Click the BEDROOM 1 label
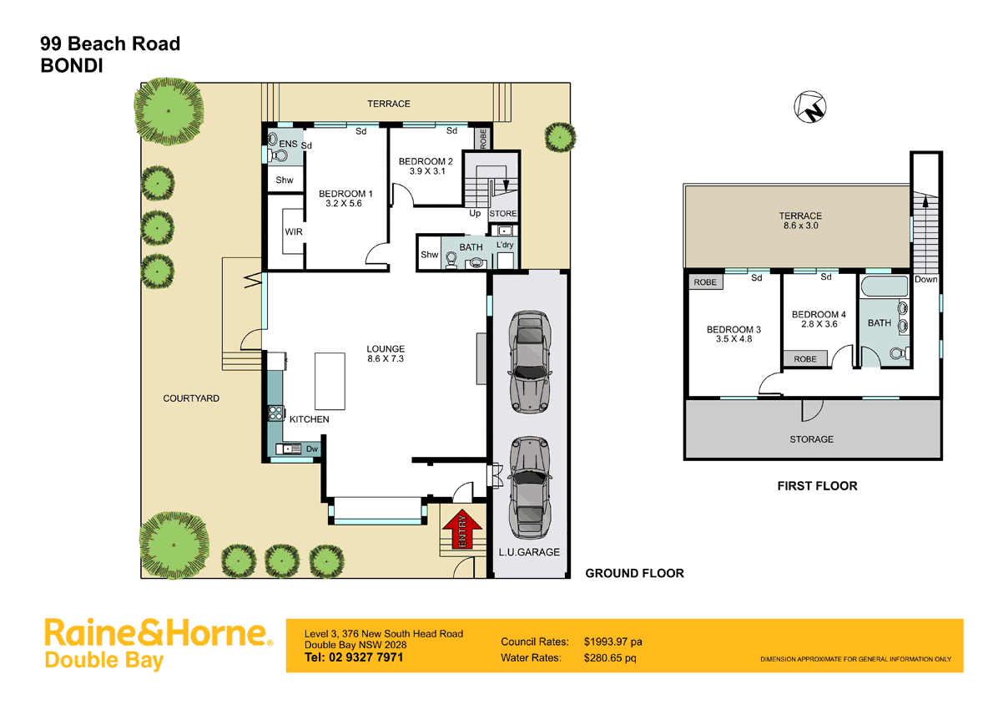tap(345, 194)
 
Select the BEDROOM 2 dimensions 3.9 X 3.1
tap(426, 171)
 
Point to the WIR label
tap(293, 231)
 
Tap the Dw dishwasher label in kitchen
tap(311, 449)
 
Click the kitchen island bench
tap(330, 379)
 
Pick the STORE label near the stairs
tap(503, 214)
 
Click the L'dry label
tap(505, 245)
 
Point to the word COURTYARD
tap(191, 398)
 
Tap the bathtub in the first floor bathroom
tap(880, 289)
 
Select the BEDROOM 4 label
tap(819, 315)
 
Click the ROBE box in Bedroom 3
tap(705, 282)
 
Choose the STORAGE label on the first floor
tap(811, 439)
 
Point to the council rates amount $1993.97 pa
tap(613, 642)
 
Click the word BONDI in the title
tap(73, 67)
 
